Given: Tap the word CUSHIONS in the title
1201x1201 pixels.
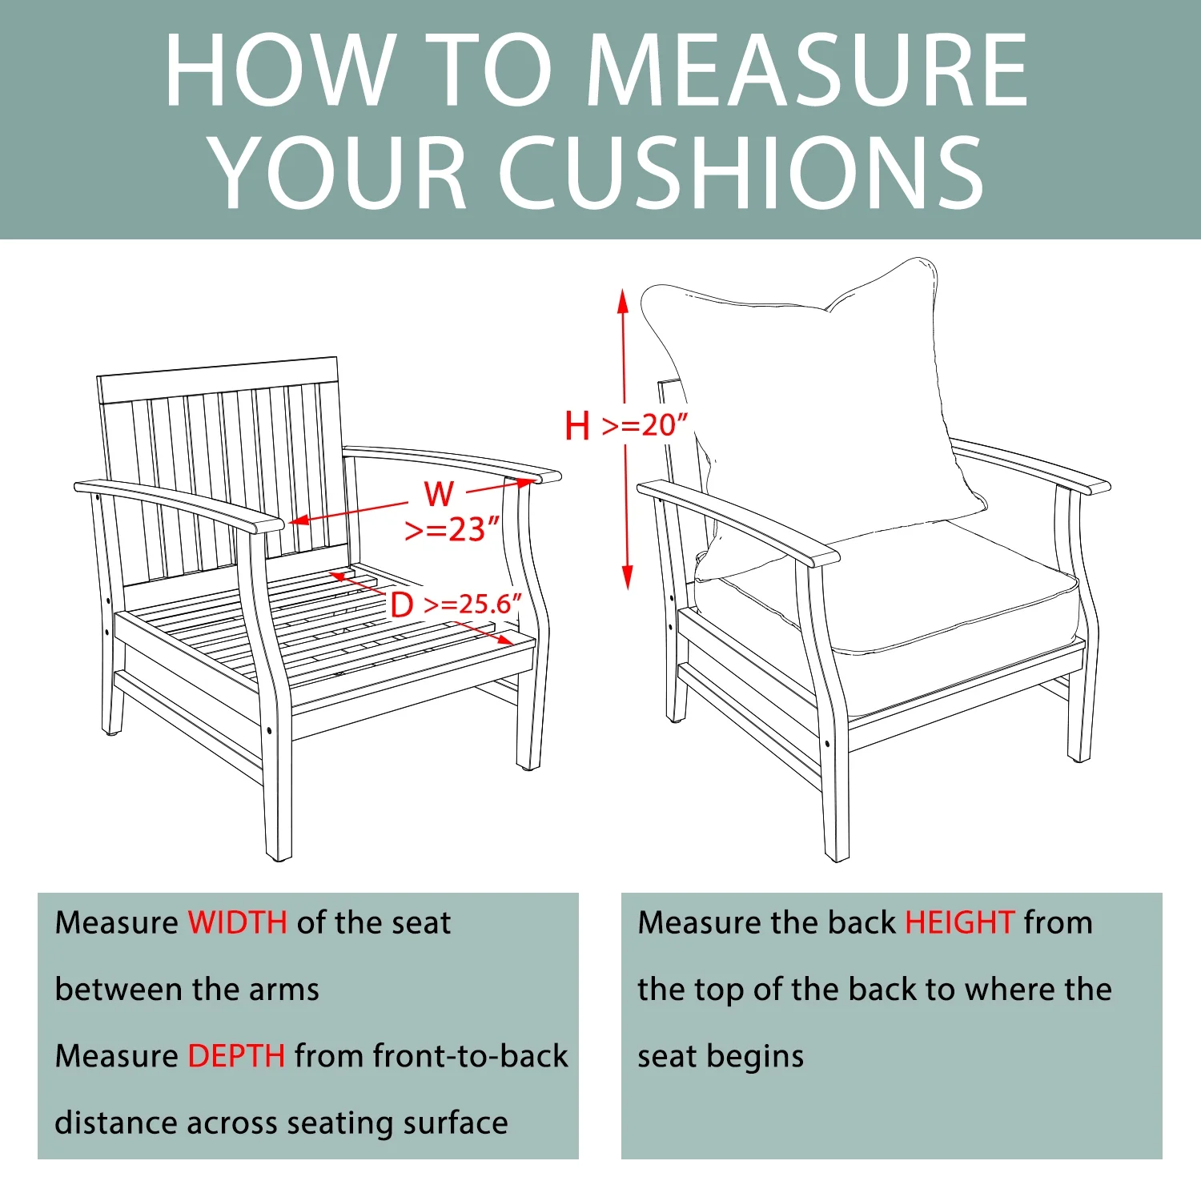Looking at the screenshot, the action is pos(743,172).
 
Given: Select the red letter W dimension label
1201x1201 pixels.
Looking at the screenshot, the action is pos(439,494).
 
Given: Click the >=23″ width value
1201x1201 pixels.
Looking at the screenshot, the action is pos(452,529).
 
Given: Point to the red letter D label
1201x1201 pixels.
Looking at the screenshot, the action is pos(402,605).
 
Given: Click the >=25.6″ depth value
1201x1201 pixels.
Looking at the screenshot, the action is pos(472,604).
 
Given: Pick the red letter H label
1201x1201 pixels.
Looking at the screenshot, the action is pos(577,425).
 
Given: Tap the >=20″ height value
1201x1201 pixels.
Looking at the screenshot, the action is pos(645,425).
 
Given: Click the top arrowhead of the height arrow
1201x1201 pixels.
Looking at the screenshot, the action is pos(623,301).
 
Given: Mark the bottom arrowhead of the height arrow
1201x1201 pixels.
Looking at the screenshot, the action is pos(627,577).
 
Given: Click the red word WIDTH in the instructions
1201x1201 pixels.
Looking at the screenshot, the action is pos(238,922).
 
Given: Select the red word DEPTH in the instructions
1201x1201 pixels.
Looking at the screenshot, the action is pos(236,1056).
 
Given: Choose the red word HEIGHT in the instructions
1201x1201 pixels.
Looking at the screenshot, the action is pos(960,922).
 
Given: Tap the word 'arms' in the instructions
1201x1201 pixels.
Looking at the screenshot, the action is pos(283,990).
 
